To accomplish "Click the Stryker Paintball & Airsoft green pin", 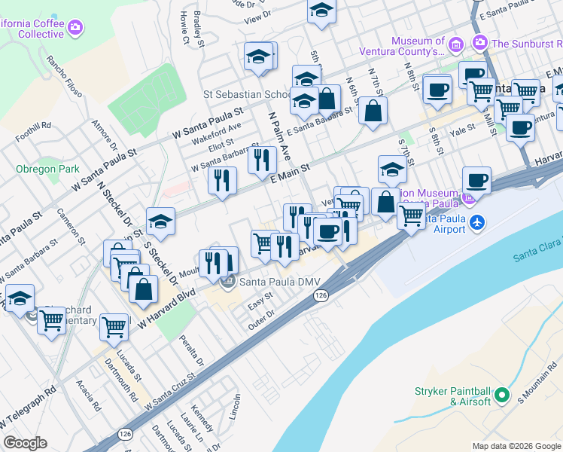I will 503,395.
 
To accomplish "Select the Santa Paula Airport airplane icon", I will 476,224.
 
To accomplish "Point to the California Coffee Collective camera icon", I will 75,29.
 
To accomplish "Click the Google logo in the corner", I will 25,443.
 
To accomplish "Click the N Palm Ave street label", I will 280,136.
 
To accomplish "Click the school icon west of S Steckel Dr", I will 160,221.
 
